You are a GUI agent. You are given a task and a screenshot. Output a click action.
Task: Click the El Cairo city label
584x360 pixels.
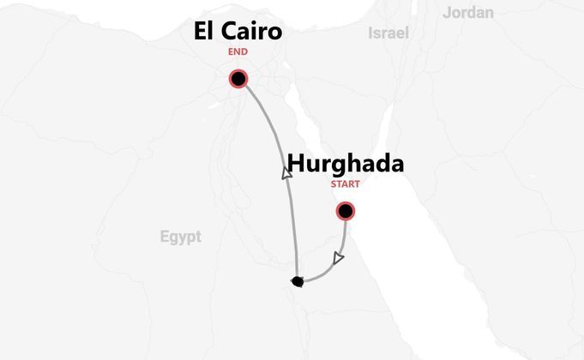(x=238, y=33)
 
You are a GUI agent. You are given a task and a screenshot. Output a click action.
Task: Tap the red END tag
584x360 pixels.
(x=238, y=52)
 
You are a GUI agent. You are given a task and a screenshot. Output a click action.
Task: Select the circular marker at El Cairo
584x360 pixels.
(x=238, y=80)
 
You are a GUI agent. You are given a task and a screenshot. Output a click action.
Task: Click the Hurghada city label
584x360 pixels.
(x=345, y=164)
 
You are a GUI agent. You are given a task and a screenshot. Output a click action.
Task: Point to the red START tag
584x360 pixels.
(x=345, y=183)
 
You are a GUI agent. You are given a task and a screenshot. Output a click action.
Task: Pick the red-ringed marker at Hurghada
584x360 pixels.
(x=345, y=211)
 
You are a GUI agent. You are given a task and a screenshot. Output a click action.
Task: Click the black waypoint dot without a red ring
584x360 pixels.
(x=297, y=281)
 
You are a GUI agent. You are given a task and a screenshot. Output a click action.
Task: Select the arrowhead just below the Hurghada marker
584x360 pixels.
(x=339, y=257)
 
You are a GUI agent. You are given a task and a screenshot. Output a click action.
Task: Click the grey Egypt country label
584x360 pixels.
(x=180, y=237)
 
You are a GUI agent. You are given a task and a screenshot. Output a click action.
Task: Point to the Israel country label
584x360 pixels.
(x=388, y=33)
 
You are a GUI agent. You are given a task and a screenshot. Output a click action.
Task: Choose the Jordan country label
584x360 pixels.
(x=468, y=12)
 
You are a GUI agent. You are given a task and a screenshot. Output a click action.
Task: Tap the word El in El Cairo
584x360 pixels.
(x=203, y=33)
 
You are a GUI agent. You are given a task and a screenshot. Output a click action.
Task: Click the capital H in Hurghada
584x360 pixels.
(x=295, y=164)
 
